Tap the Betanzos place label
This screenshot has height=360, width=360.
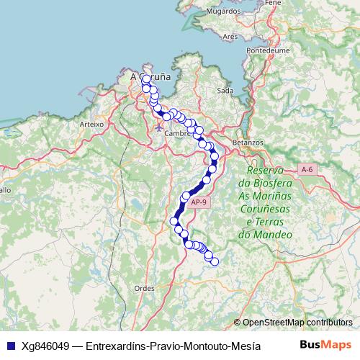point(248,143)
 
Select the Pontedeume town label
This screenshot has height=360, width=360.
point(267,51)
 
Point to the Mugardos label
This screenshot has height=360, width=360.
point(222,12)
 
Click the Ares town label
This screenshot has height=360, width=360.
point(230,36)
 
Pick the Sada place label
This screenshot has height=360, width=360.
point(225,91)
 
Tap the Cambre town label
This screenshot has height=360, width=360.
point(176,133)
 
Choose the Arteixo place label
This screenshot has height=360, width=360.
point(92,124)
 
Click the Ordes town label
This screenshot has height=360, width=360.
point(145,288)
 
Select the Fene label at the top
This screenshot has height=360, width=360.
point(273,3)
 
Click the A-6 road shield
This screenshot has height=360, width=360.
point(307,169)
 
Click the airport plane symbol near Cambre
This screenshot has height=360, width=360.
point(158,127)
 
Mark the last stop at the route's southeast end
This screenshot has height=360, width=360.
point(213,261)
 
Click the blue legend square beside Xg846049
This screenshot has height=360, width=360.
point(10,345)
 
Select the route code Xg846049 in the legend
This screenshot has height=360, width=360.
point(46,345)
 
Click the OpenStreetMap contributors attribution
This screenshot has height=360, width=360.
point(297,323)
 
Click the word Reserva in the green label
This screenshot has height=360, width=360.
point(266,170)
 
